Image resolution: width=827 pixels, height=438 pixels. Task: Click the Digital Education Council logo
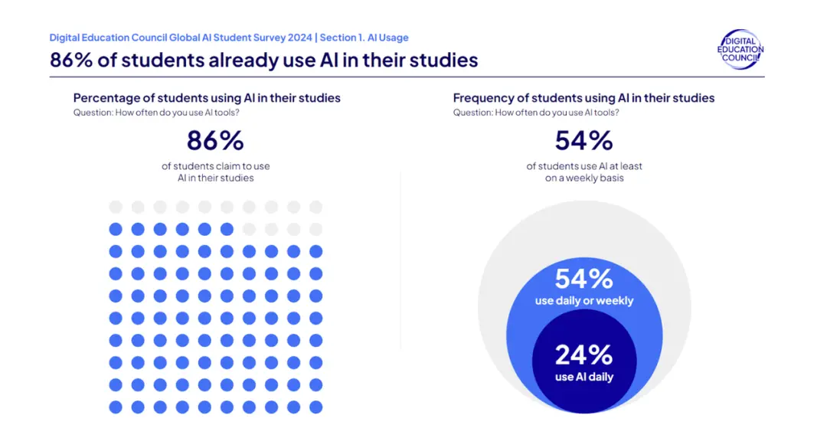[740, 50]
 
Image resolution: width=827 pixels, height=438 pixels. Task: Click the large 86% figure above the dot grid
[215, 141]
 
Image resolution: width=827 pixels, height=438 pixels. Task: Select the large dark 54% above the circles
[583, 141]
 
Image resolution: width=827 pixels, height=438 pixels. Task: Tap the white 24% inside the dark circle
[583, 355]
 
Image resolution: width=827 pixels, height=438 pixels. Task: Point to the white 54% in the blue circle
[583, 279]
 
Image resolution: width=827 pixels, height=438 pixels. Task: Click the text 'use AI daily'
[583, 377]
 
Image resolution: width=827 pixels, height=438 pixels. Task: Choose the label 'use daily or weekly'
[583, 301]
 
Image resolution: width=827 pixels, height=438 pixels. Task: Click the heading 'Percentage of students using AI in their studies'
[207, 98]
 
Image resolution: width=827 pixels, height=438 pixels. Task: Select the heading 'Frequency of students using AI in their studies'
[583, 98]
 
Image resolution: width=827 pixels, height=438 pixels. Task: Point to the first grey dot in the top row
[116, 207]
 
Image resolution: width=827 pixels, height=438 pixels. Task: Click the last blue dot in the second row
[227, 229]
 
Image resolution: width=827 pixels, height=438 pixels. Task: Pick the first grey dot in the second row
[249, 229]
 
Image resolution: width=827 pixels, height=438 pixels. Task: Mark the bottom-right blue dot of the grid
[315, 407]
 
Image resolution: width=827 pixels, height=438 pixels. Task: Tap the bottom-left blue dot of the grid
[116, 407]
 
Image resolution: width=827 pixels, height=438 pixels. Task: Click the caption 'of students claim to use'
[215, 166]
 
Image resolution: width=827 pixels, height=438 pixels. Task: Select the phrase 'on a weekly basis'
[583, 178]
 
